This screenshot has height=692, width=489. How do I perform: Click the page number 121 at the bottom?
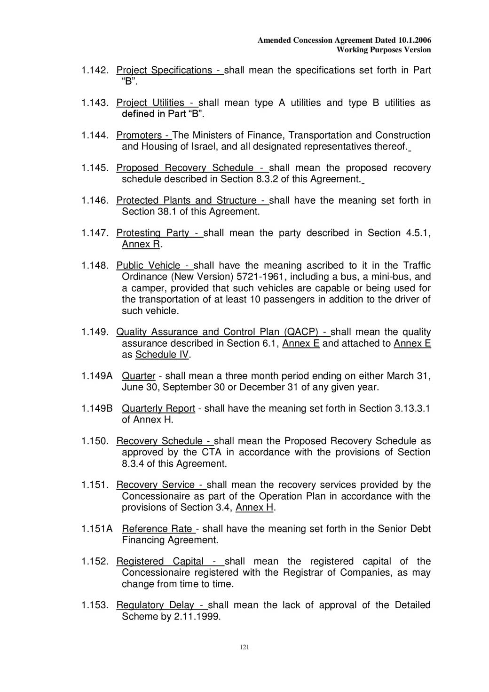[244, 647]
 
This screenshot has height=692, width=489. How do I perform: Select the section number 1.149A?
[97, 376]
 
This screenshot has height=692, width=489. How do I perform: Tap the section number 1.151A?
[97, 529]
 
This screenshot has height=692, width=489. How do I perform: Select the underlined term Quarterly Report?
[158, 409]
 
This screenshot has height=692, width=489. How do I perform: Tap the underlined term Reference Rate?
[157, 529]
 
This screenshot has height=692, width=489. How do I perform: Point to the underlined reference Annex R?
[141, 244]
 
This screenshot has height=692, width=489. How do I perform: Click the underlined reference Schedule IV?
[162, 355]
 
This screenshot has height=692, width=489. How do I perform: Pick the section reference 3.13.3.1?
[406, 409]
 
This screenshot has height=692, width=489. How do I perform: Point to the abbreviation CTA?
[211, 453]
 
